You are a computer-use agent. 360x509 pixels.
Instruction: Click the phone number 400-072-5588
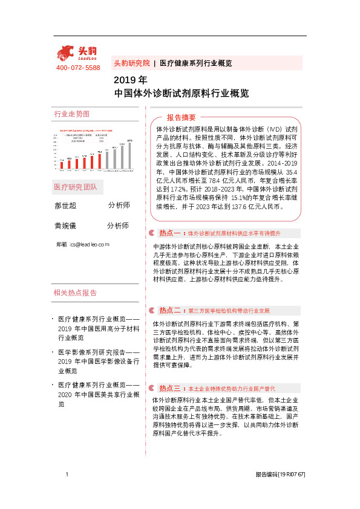pyautogui.click(x=78, y=68)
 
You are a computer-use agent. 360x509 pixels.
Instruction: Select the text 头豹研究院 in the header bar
pyautogui.click(x=132, y=63)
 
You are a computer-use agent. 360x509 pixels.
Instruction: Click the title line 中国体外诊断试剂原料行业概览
pyautogui.click(x=182, y=93)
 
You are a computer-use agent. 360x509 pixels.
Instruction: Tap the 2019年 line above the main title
pyautogui.click(x=131, y=80)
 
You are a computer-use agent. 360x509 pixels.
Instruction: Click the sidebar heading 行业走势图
pyautogui.click(x=72, y=114)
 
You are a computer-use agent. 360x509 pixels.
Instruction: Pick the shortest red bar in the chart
pyautogui.click(x=62, y=164)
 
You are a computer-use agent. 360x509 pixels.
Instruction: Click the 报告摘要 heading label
pyautogui.click(x=182, y=117)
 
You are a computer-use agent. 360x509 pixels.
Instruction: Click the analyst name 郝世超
pyautogui.click(x=66, y=206)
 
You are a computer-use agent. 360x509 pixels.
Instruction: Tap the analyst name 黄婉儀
pyautogui.click(x=66, y=225)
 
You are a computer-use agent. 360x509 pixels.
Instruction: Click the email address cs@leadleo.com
pyautogui.click(x=90, y=244)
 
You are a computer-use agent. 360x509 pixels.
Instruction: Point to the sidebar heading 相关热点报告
pyautogui.click(x=76, y=293)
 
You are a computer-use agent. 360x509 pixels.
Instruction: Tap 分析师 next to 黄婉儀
pyautogui.click(x=119, y=225)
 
